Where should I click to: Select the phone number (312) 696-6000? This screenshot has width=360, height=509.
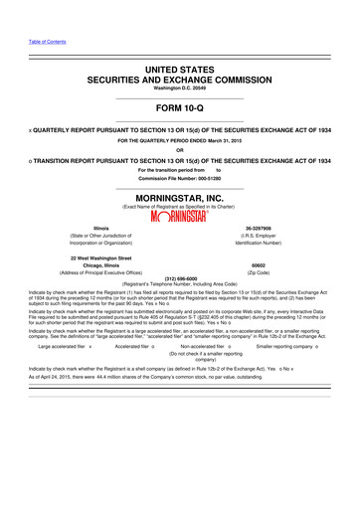(x=180, y=278)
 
